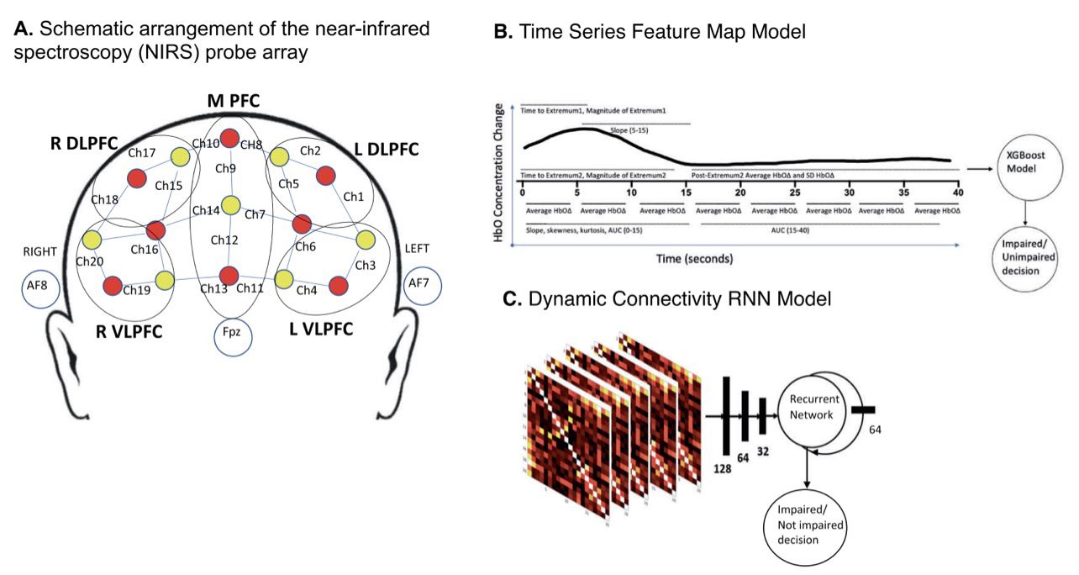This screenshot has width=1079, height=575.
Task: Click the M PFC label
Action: coord(233,102)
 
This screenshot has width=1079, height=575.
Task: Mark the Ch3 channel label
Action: coord(365,266)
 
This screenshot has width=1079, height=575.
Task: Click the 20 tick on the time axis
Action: coord(740,193)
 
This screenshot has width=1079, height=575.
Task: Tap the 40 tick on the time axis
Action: coord(959,193)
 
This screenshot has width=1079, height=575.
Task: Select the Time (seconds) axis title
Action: coord(694,258)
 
